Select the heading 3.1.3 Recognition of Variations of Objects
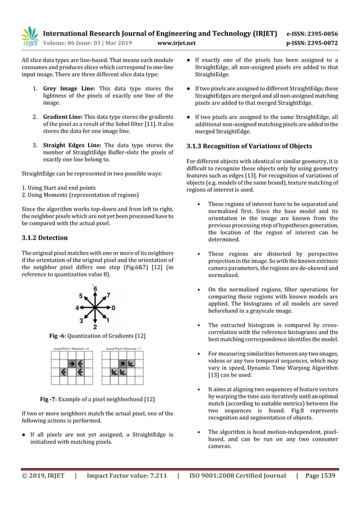249,146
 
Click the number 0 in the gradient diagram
113,308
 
